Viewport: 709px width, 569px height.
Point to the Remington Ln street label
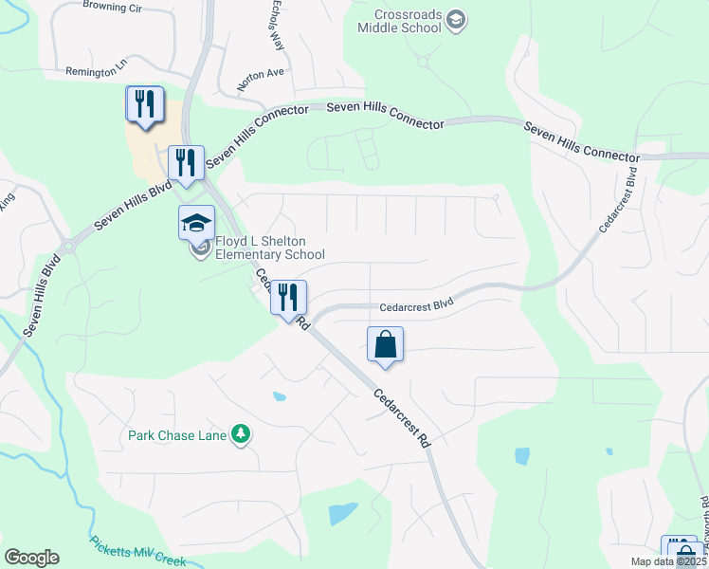[96, 71]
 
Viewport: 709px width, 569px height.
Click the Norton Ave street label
[261, 79]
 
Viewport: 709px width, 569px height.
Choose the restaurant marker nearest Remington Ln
[145, 103]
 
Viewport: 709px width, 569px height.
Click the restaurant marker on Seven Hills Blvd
[186, 162]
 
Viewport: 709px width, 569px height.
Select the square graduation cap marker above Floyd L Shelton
[197, 223]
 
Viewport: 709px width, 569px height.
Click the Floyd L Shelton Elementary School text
[269, 248]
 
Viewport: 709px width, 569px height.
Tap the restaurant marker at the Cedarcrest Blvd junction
[289, 297]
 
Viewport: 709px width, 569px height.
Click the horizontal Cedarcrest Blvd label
[416, 306]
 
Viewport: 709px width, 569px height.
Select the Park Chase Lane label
[178, 435]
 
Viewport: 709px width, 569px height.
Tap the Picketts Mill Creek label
[138, 552]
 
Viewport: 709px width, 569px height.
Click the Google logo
[31, 558]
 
